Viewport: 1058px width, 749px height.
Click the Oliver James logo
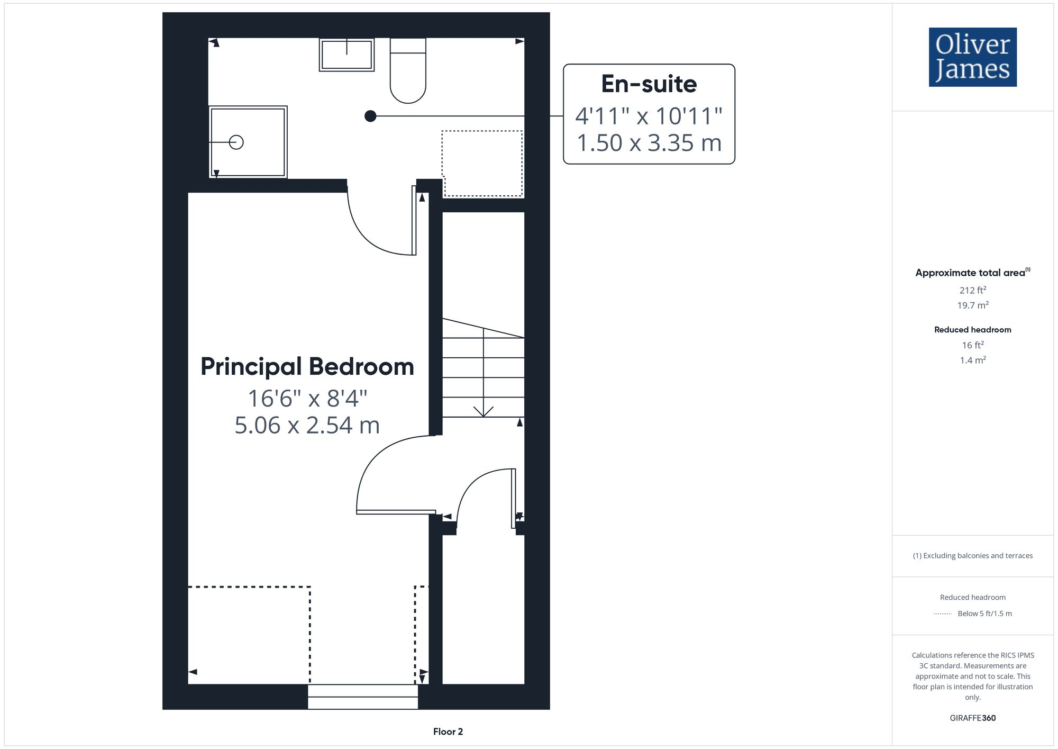click(972, 57)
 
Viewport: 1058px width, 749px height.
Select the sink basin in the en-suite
click(346, 55)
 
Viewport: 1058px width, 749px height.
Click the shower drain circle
click(236, 142)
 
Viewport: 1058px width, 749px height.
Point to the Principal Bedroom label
click(307, 367)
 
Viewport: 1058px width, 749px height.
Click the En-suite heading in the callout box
click(649, 84)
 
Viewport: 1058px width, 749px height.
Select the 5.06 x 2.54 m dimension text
click(307, 426)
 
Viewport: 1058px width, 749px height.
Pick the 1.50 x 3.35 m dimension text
click(649, 143)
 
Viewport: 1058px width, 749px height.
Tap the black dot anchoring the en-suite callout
click(370, 116)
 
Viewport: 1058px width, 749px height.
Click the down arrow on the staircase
click(483, 411)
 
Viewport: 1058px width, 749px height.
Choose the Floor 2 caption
click(448, 732)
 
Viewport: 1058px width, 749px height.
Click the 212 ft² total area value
click(972, 290)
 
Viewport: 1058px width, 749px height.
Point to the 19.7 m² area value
click(972, 305)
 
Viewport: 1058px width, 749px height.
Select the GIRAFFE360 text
click(972, 718)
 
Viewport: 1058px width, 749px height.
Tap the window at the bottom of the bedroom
click(363, 697)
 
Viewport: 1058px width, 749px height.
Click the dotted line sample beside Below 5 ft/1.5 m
click(943, 614)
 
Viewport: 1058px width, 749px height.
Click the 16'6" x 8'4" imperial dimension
click(307, 399)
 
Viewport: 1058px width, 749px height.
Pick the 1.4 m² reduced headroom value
click(972, 360)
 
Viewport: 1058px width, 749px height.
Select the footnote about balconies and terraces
click(972, 556)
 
